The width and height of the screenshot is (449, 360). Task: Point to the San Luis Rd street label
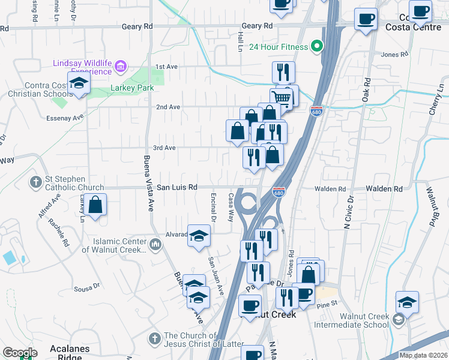click(x=177, y=187)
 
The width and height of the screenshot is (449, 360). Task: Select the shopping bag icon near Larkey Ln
click(x=95, y=205)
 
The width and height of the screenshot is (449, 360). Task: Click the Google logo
click(x=20, y=352)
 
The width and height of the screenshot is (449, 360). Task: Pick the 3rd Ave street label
click(x=164, y=148)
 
